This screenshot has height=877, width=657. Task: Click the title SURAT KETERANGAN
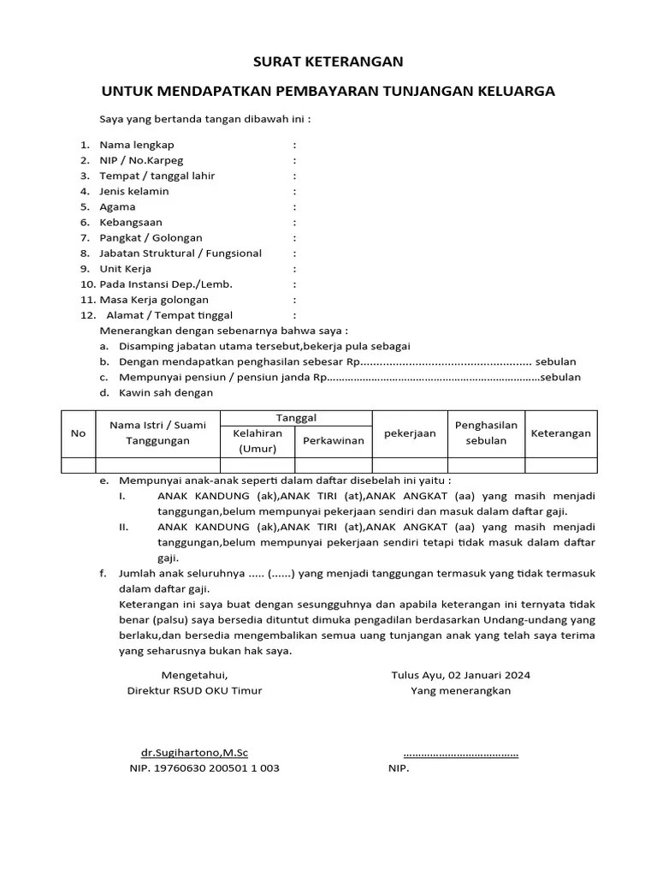click(328, 62)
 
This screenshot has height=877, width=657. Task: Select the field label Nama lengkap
click(136, 145)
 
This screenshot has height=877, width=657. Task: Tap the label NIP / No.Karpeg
click(141, 160)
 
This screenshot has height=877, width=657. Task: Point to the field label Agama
click(117, 206)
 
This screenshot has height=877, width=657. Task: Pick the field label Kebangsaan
click(130, 222)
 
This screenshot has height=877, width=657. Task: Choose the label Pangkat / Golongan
click(151, 237)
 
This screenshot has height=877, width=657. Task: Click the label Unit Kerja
click(125, 268)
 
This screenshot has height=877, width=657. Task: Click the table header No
click(78, 433)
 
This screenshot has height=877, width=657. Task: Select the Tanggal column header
click(296, 417)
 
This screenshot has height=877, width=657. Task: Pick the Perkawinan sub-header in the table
click(334, 440)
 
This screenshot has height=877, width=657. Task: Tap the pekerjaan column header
click(410, 433)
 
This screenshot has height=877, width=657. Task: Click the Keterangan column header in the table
click(560, 433)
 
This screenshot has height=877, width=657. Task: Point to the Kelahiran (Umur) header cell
click(257, 440)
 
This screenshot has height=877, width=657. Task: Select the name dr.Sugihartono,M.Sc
click(194, 753)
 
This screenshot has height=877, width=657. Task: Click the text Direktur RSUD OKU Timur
click(194, 690)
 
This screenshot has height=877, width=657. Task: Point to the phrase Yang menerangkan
click(460, 690)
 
